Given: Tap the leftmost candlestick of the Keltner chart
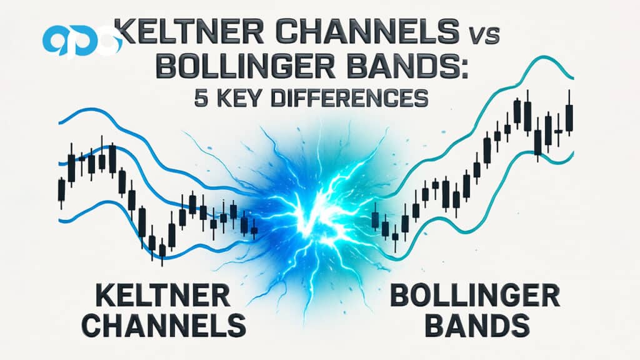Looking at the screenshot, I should point(61,190).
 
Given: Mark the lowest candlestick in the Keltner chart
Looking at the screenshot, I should point(162,251).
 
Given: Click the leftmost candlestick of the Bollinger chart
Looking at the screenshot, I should point(375,219).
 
